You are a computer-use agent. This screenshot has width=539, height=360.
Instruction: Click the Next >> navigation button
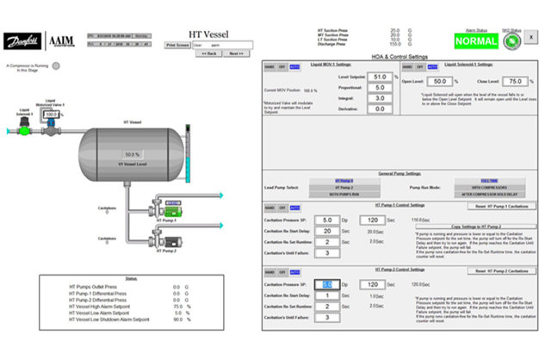pos(234,53)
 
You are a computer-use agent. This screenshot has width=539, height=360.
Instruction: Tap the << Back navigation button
pos(208,53)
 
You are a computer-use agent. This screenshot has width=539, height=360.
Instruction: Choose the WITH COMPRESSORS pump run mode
pos(489,186)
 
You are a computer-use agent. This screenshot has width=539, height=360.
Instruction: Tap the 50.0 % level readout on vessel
pos(131,154)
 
